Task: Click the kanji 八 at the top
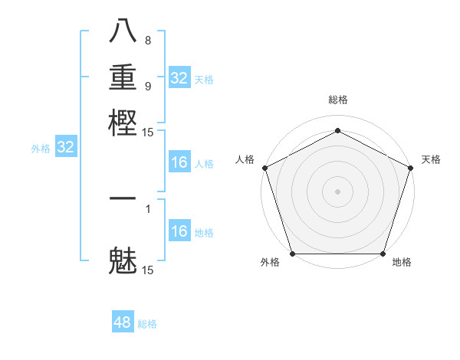[x=123, y=31]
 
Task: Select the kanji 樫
[x=123, y=120]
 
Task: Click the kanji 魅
[x=123, y=260]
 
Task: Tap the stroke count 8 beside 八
[x=148, y=41]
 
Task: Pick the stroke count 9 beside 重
[x=148, y=86]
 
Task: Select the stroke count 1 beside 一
[x=148, y=208]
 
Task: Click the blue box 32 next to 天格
[x=179, y=78]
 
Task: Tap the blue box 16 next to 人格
[x=179, y=162]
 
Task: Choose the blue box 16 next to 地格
[x=179, y=231]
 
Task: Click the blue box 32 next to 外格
[x=65, y=148]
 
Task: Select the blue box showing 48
[x=123, y=322]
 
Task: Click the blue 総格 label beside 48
[x=147, y=324]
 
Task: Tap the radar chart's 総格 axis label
[x=337, y=100]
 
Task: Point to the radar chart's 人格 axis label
[x=245, y=159]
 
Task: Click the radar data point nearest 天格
[x=410, y=167]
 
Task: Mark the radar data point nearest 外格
[x=293, y=254]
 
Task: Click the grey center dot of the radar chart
[x=337, y=191]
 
